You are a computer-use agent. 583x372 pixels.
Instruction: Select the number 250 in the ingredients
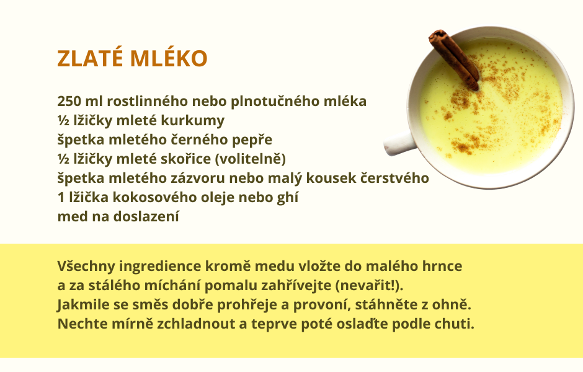click(69, 101)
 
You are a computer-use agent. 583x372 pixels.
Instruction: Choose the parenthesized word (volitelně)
click(251, 159)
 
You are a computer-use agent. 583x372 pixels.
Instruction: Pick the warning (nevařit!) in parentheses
click(369, 285)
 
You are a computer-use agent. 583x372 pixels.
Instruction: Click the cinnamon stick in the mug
click(454, 60)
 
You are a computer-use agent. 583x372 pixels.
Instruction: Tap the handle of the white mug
click(399, 143)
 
